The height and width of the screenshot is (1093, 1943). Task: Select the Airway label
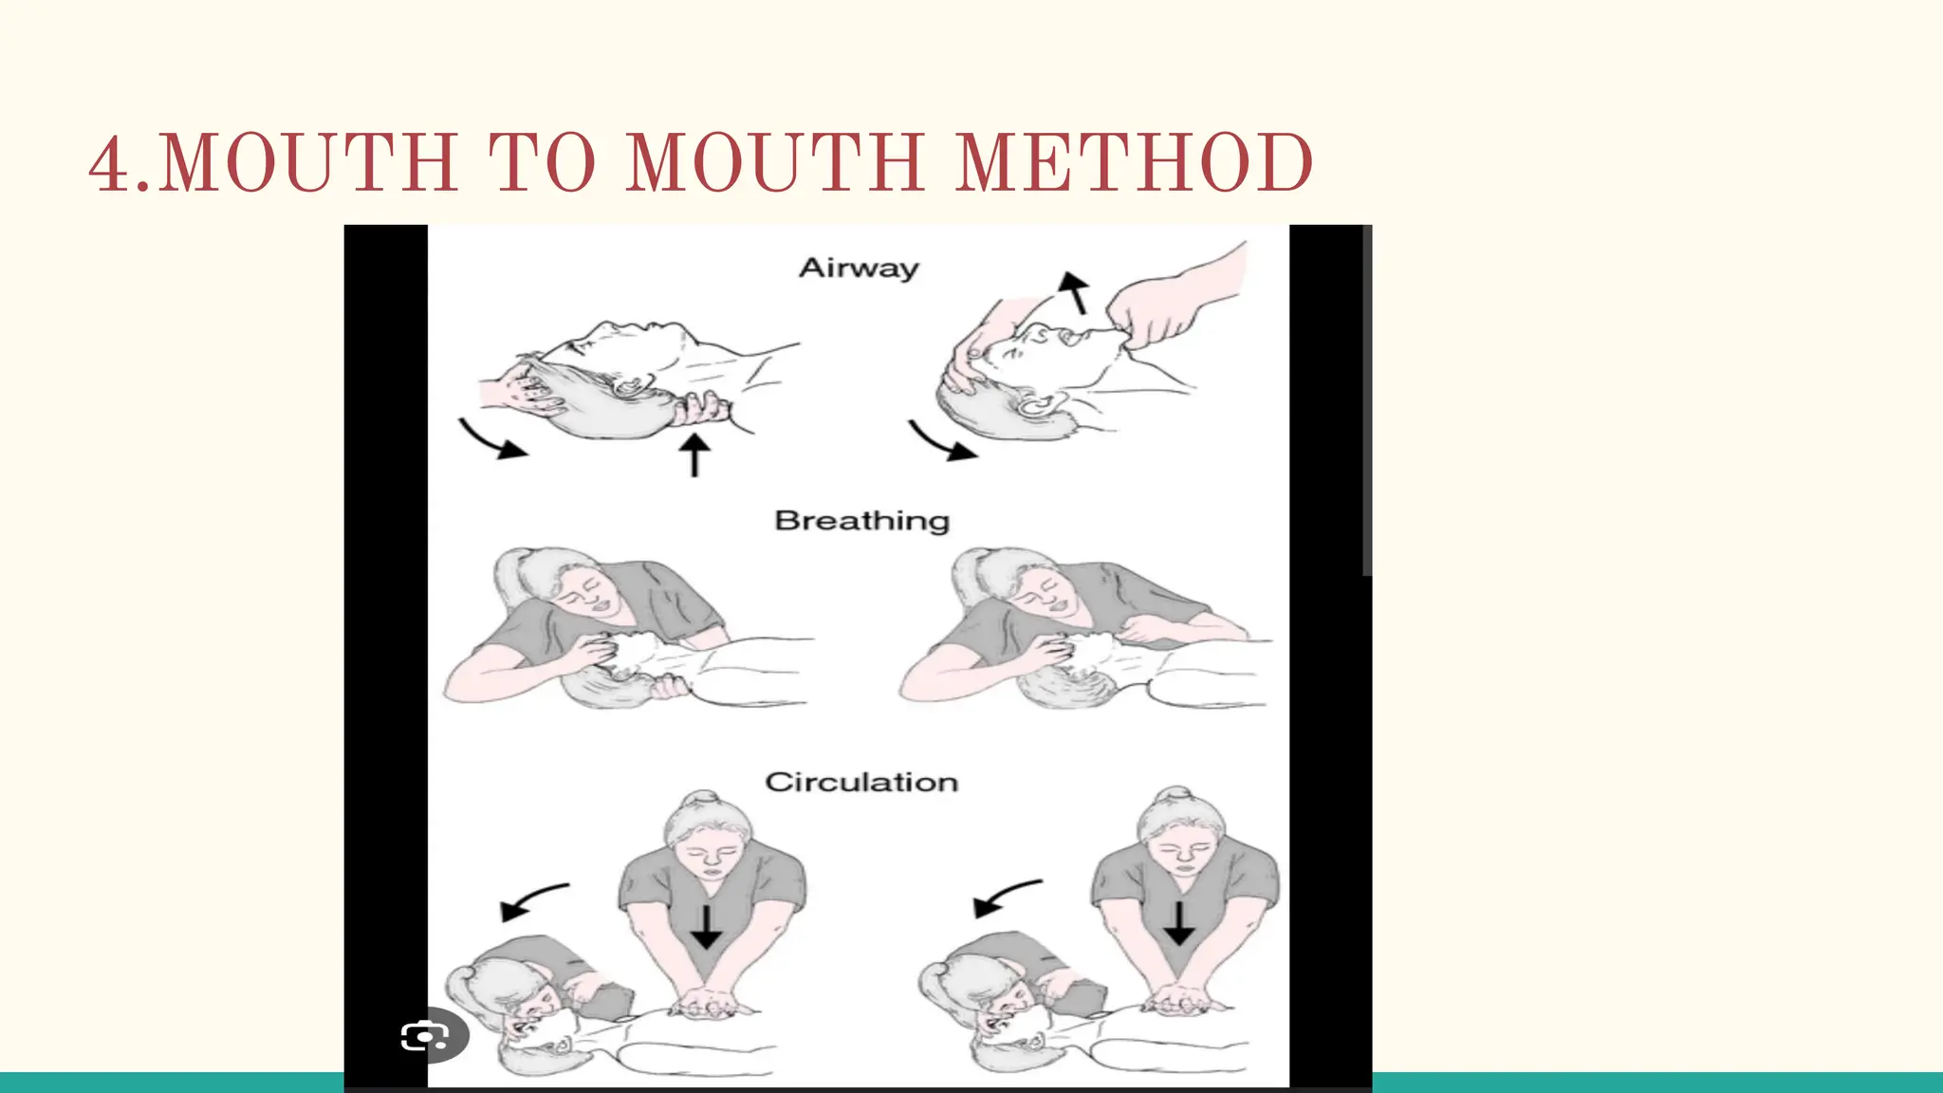pos(860,268)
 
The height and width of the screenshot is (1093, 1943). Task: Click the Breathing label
pos(861,521)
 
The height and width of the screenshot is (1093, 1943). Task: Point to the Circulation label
pos(861,782)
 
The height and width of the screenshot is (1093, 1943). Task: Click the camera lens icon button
pos(427,1035)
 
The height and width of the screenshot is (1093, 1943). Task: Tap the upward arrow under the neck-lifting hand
pos(694,454)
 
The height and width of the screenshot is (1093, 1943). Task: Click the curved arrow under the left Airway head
pos(492,440)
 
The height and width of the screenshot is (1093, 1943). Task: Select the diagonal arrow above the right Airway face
pos(1075,291)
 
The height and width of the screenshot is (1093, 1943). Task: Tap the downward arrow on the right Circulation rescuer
pos(1178,923)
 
